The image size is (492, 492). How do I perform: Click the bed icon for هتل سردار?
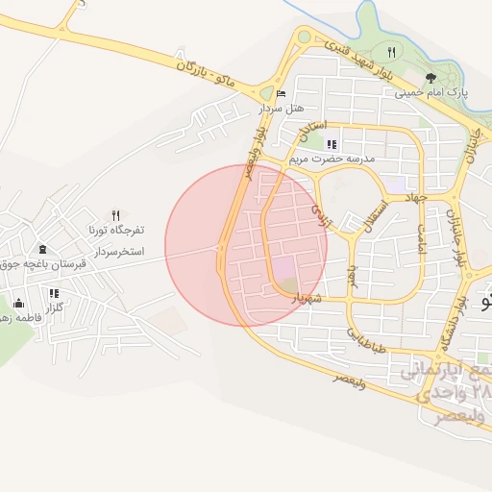point(281,93)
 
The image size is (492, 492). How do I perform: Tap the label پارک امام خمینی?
point(430,93)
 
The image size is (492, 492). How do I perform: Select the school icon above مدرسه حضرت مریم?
point(332,144)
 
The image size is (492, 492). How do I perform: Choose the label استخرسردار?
point(119,251)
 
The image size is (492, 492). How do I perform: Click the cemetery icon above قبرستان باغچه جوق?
point(41,250)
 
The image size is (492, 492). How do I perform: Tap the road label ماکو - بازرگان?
point(208,69)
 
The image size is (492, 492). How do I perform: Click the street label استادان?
point(314,126)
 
